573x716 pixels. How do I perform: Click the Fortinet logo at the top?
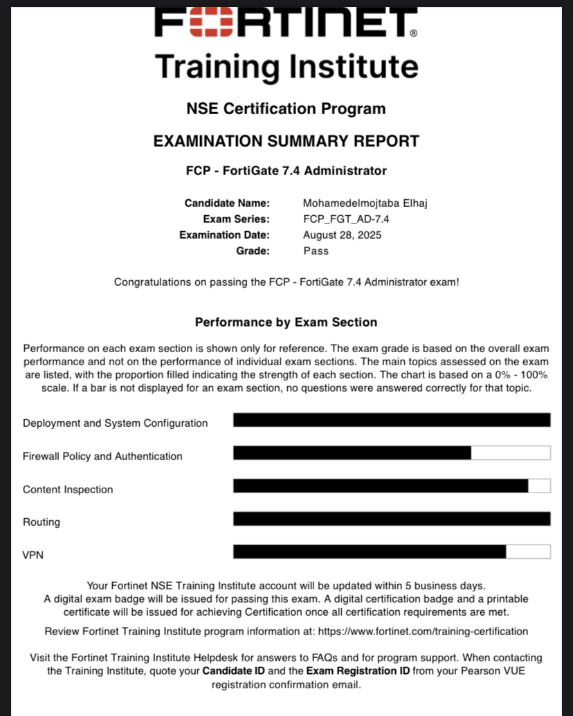click(x=286, y=22)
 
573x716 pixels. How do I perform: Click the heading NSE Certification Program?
click(x=286, y=109)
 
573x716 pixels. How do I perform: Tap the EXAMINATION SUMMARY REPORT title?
click(x=286, y=141)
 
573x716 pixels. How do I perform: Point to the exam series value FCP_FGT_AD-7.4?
click(x=342, y=219)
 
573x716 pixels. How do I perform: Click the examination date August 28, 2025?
click(x=342, y=235)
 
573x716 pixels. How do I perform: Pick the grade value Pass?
click(x=316, y=250)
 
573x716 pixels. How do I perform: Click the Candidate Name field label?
click(x=227, y=203)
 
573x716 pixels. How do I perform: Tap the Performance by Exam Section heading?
click(x=286, y=322)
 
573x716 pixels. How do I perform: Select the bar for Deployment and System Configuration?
click(x=392, y=420)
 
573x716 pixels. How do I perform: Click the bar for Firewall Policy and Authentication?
click(x=392, y=453)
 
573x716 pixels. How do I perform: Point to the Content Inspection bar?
click(x=392, y=486)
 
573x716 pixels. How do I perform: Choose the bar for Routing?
click(x=392, y=519)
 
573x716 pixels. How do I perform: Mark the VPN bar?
click(x=392, y=551)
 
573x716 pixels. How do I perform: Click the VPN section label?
click(x=33, y=555)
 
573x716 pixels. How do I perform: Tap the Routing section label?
click(x=42, y=522)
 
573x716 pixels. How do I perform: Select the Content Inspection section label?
click(x=68, y=490)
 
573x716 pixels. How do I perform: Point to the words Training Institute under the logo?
click(x=286, y=67)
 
